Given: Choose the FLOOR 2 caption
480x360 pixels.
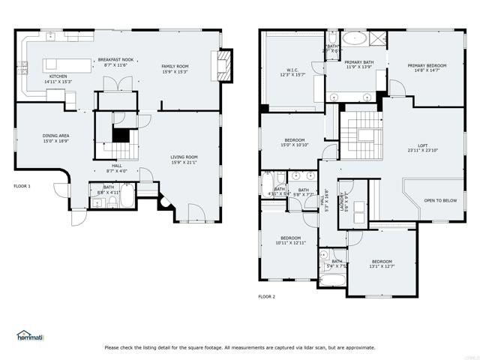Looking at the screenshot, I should (267, 297).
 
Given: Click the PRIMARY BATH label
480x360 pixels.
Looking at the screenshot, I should (359, 64).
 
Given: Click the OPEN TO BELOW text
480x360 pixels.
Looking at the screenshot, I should (440, 200).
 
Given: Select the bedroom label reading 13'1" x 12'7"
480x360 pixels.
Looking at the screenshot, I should (381, 263).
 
